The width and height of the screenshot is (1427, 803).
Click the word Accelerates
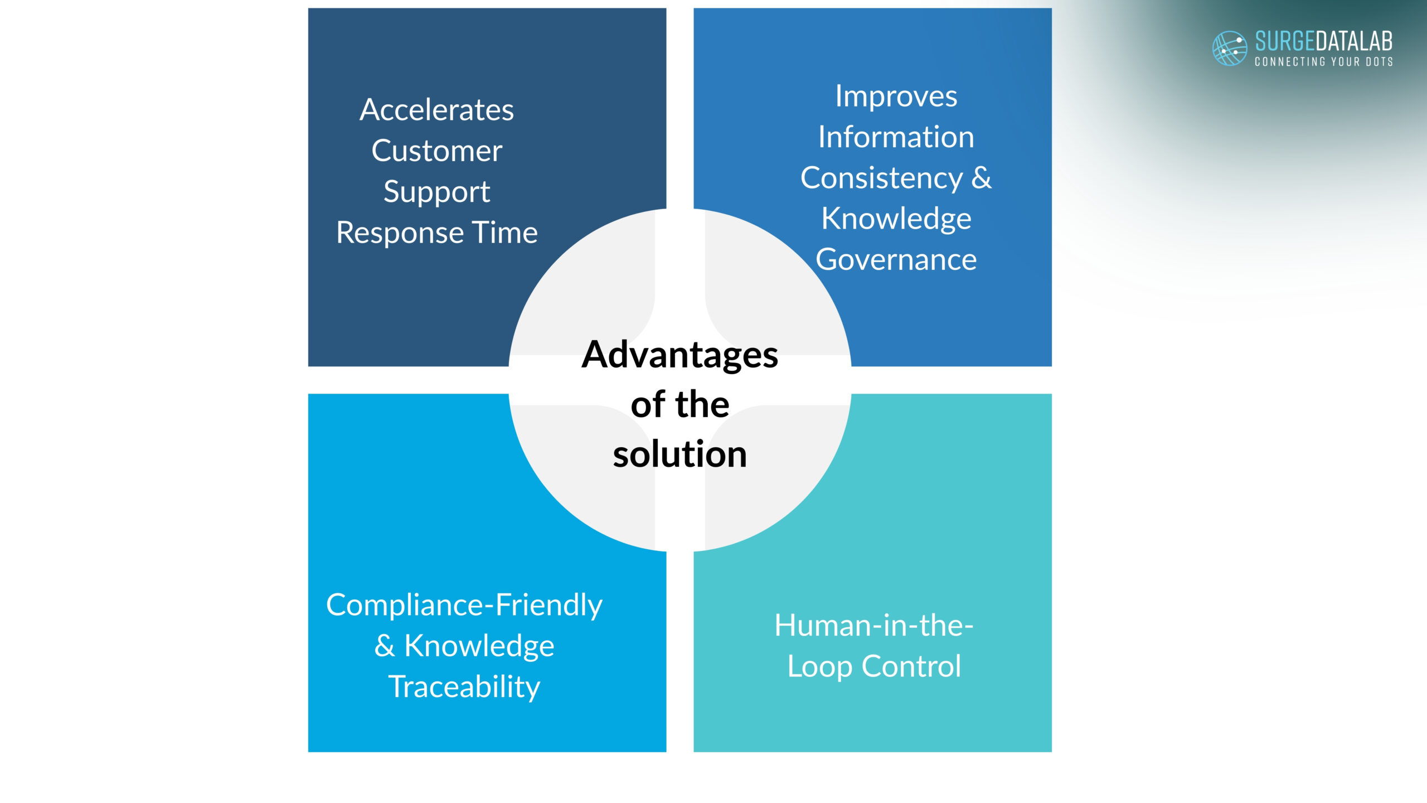pos(436,110)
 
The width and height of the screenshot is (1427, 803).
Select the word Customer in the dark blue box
pos(436,151)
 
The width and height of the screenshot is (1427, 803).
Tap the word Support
pos(436,192)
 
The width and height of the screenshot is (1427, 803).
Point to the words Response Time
pos(436,233)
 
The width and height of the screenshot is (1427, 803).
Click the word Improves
pos(896,96)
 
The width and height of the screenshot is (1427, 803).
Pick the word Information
pos(896,137)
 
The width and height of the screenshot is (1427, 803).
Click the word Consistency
pos(881,178)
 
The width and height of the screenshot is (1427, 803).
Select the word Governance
pos(896,260)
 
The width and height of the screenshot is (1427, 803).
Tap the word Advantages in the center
pos(679,355)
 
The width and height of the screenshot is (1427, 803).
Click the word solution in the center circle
pos(679,454)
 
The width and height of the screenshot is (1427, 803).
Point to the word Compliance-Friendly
pos(464,605)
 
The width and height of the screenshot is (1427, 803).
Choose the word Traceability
pos(464,686)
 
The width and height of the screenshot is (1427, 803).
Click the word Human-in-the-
pos(873,626)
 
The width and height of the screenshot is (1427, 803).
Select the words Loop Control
pos(873,666)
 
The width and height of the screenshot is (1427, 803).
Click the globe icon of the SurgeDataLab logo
pos(1229,49)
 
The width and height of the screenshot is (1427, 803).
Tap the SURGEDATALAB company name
pos(1323,41)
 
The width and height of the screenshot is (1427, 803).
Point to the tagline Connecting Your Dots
pos(1323,62)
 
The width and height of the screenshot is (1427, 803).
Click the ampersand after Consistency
pos(981,178)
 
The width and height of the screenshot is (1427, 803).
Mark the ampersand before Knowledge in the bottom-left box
pos(385,646)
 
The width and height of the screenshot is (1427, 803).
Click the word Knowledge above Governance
pos(896,219)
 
